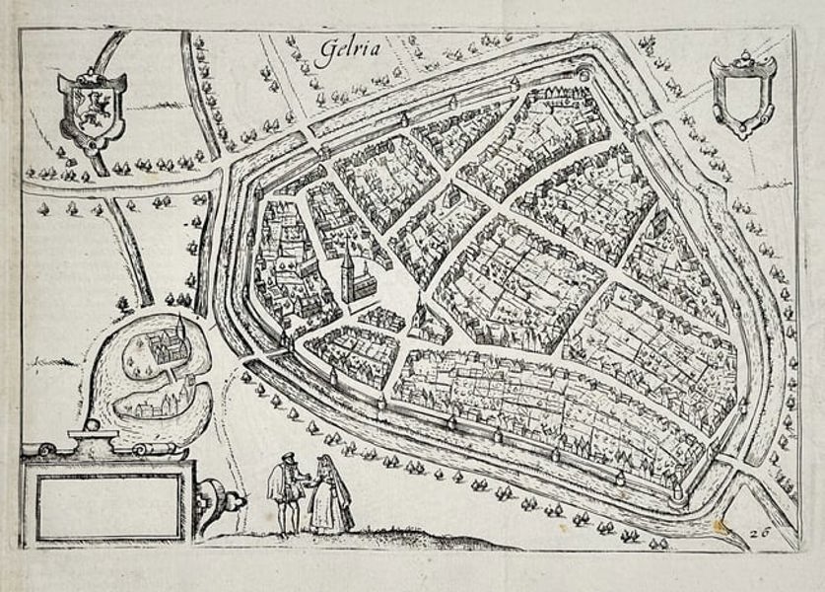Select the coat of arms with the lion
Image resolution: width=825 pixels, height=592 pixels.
(x=92, y=109)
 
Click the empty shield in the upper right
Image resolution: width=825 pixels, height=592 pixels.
(x=743, y=96)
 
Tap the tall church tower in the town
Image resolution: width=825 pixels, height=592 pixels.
(x=347, y=272)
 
